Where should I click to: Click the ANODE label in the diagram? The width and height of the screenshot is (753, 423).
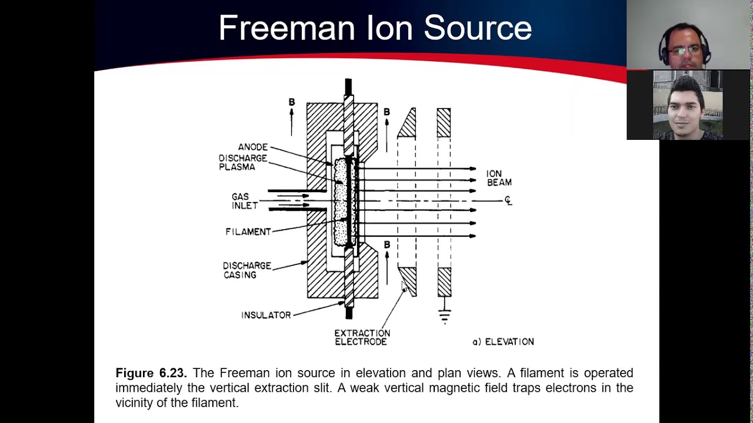(252, 147)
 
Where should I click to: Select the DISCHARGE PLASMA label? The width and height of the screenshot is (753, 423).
(242, 163)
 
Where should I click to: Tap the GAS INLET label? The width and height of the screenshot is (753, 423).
(244, 201)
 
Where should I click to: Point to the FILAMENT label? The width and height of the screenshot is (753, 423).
(248, 231)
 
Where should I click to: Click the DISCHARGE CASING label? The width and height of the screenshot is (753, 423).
(246, 270)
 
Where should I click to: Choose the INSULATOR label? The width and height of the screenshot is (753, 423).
(266, 315)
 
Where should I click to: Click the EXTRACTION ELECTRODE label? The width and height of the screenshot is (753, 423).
(362, 337)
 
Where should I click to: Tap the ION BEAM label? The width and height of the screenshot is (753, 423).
(498, 178)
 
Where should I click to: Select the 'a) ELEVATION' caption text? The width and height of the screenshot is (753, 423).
(503, 341)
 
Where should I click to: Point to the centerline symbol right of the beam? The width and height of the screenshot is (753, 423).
(508, 201)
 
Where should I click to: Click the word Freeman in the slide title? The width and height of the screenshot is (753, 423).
(287, 28)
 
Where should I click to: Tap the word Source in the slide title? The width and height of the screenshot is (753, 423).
(477, 28)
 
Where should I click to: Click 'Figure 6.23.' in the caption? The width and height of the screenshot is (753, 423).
(151, 373)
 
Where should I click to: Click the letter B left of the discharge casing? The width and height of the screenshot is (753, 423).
(291, 102)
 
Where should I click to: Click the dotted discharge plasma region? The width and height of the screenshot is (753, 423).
(339, 203)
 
